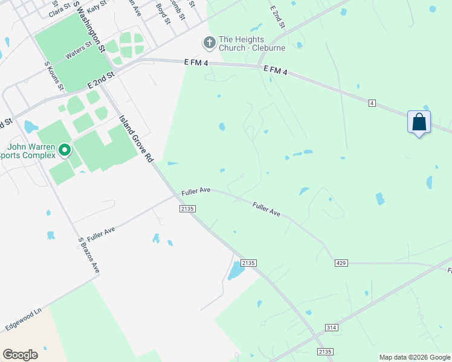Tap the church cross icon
209,43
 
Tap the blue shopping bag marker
419,122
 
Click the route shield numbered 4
372,104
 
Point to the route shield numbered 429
341,263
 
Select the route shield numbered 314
331,327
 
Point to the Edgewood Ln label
23,318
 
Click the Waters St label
79,49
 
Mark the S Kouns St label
54,75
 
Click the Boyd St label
163,13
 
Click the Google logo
20,355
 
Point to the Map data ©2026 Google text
415,357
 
